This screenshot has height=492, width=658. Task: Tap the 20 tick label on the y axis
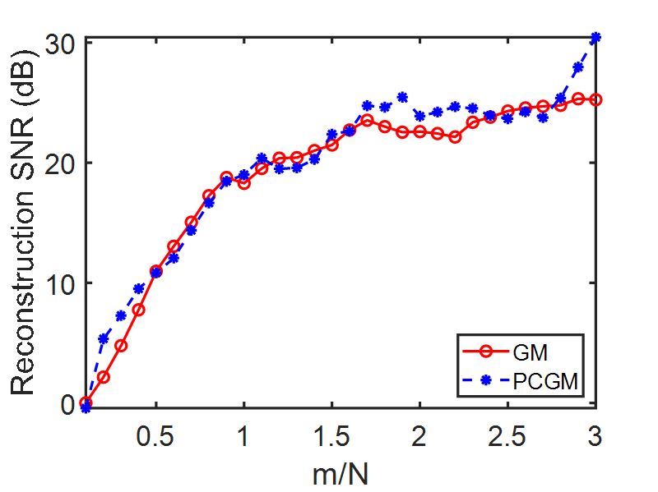pyautogui.click(x=60, y=163)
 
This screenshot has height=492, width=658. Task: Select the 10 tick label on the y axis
pyautogui.click(x=60, y=283)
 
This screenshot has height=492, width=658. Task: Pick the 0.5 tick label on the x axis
pyautogui.click(x=155, y=435)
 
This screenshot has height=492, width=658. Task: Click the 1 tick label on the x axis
pyautogui.click(x=244, y=435)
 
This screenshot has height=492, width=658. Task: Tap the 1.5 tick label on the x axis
pyautogui.click(x=331, y=435)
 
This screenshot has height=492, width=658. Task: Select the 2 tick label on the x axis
pyautogui.click(x=420, y=435)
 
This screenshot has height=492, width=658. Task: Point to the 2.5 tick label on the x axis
pyautogui.click(x=507, y=435)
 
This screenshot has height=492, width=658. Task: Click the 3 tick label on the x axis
pyautogui.click(x=595, y=435)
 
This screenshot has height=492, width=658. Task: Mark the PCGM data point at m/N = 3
pyautogui.click(x=595, y=38)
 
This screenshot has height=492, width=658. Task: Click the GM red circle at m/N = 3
pyautogui.click(x=595, y=99)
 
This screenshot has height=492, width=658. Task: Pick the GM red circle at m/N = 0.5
pyautogui.click(x=155, y=271)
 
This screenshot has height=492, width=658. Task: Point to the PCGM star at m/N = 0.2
pyautogui.click(x=104, y=338)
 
